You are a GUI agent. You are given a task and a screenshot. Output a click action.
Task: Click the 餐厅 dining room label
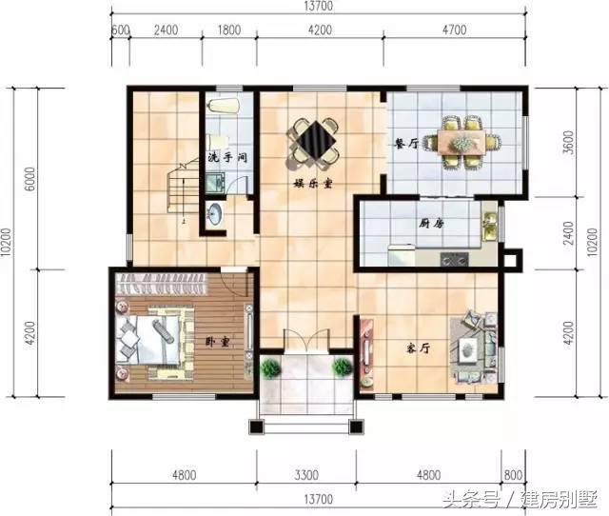tap(406, 144)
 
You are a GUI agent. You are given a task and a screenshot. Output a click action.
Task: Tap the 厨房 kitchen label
tap(431, 224)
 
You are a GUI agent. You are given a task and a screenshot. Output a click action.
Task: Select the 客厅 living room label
tap(419, 348)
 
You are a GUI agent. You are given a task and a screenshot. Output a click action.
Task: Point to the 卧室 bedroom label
tap(218, 342)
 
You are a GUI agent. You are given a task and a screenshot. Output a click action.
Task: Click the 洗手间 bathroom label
tap(227, 157)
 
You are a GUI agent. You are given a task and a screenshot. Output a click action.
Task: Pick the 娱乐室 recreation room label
tap(313, 183)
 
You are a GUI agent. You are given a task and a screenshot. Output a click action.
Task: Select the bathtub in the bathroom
tap(223, 106)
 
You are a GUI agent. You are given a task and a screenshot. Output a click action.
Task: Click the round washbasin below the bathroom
tap(214, 214)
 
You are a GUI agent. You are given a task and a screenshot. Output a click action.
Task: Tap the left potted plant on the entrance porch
tap(270, 368)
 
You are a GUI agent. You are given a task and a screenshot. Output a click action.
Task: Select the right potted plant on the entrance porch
tap(343, 367)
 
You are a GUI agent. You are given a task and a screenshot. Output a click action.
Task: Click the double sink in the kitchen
tap(489, 227)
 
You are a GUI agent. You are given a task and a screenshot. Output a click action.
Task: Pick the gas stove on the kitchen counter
tap(455, 259)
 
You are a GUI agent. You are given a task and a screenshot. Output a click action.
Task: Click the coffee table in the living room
tap(470, 350)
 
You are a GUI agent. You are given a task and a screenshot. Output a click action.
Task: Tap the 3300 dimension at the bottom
tap(306, 475)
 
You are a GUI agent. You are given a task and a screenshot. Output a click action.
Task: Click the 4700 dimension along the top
tap(455, 30)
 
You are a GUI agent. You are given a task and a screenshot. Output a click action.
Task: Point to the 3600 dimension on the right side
tap(569, 143)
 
